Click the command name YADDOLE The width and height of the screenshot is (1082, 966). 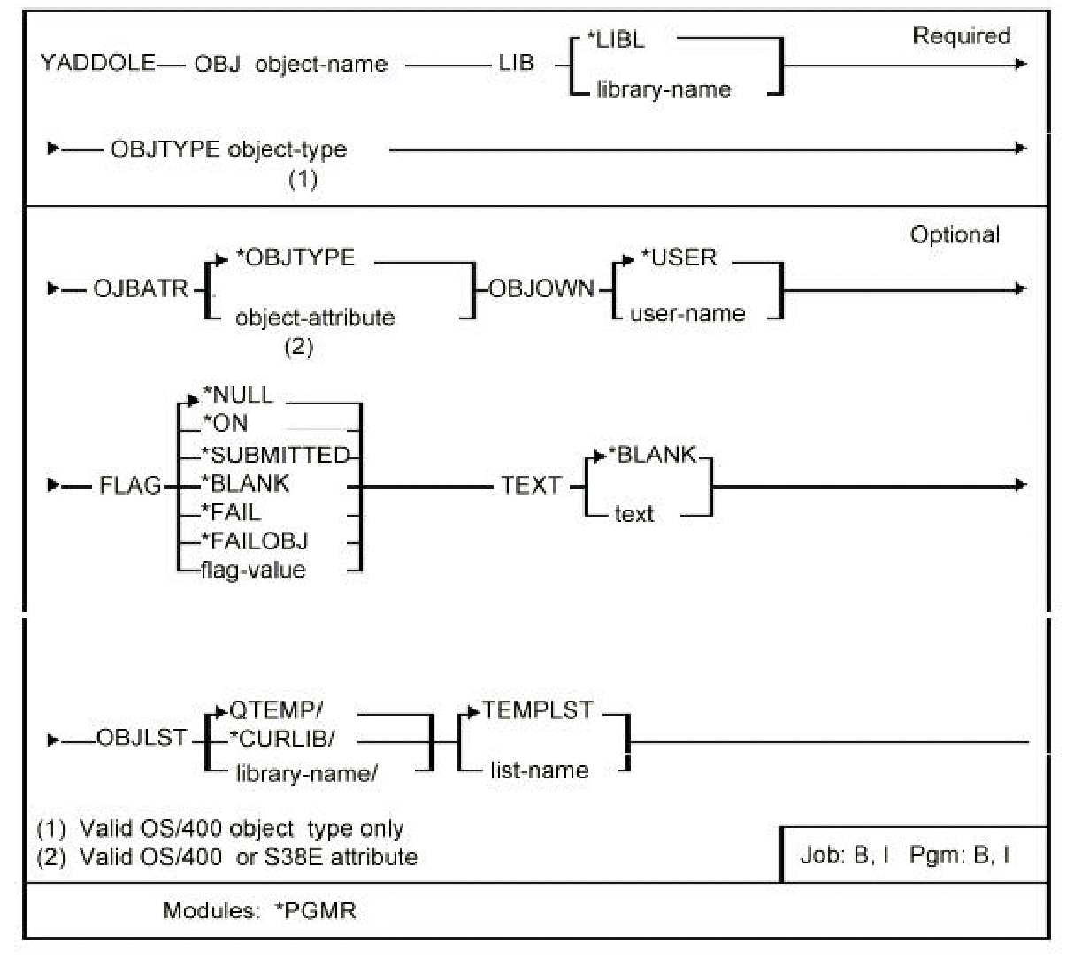(x=98, y=64)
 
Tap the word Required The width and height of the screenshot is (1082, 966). (x=961, y=36)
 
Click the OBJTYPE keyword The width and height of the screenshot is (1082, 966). (x=165, y=149)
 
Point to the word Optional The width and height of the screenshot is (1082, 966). (x=955, y=234)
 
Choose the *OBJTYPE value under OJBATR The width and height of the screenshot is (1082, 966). (x=295, y=258)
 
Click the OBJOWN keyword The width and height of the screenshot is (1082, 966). (x=541, y=289)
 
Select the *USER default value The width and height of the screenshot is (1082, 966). (x=679, y=258)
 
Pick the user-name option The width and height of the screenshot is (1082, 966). (x=687, y=313)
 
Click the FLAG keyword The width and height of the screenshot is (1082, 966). (x=130, y=485)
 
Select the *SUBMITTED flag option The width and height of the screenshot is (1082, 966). (x=275, y=455)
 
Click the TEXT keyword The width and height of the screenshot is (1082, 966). (x=531, y=485)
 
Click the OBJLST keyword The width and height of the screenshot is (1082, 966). (x=142, y=738)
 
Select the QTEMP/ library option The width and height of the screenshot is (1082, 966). (x=276, y=711)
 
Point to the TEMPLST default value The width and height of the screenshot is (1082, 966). (x=537, y=711)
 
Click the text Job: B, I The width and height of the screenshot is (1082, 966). (x=844, y=855)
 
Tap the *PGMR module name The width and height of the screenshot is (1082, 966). (x=315, y=910)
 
